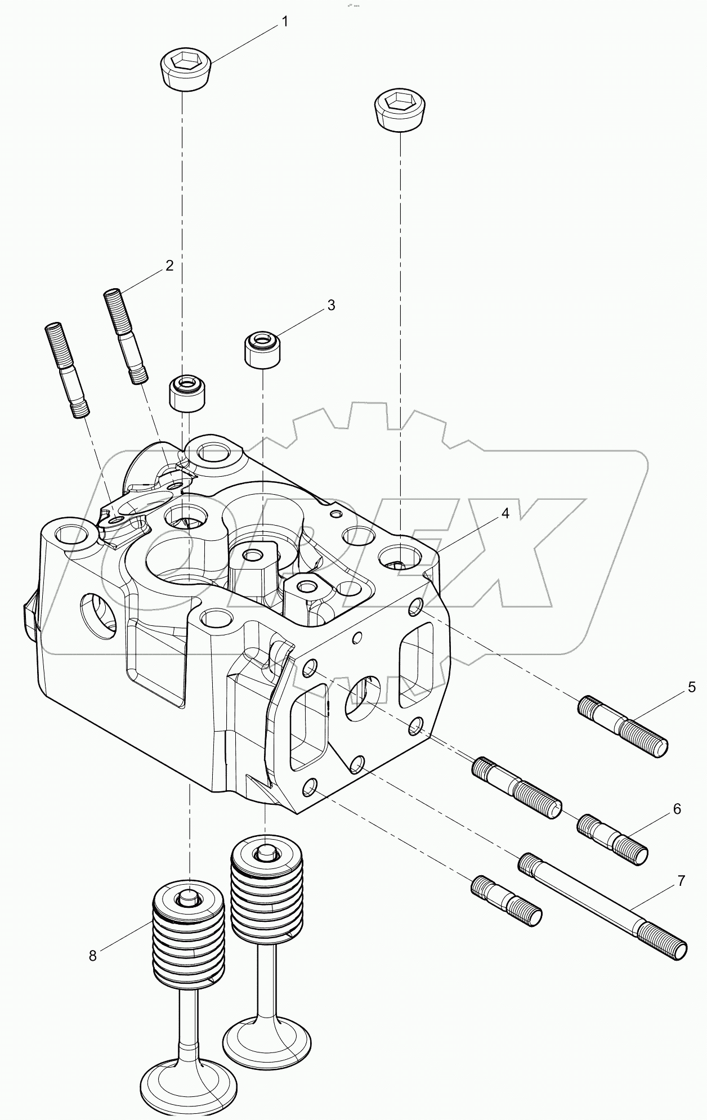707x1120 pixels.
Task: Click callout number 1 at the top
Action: point(285,22)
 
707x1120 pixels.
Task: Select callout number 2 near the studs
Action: point(169,266)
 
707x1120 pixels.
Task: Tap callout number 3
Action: point(331,305)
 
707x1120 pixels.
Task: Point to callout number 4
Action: point(505,513)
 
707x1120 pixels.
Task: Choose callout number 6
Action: point(676,809)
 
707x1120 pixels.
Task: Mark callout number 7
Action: point(681,881)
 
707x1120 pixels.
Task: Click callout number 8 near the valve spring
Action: point(93,955)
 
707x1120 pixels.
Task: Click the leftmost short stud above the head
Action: point(66,370)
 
